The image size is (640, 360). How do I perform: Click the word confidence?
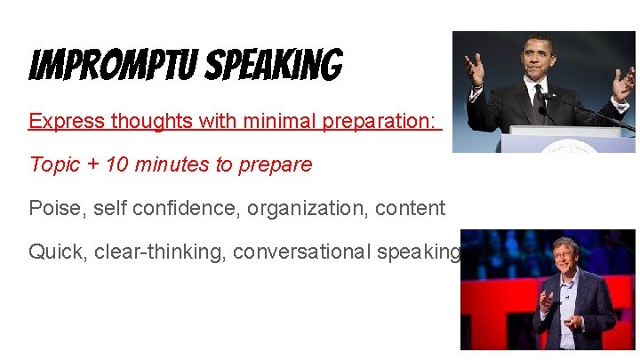188,208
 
